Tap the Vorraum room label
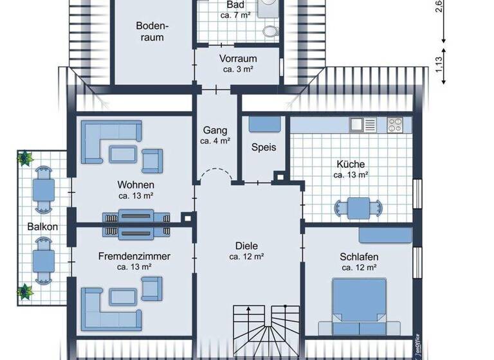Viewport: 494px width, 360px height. [x=237, y=59]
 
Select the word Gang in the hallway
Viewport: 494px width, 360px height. [x=215, y=129]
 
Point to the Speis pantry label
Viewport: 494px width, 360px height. [x=264, y=147]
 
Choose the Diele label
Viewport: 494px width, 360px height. [x=246, y=245]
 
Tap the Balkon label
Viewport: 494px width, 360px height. [x=42, y=226]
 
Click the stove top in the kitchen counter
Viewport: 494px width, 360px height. [x=395, y=122]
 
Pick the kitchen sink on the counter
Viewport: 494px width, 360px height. [x=360, y=122]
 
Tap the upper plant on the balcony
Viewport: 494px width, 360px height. [x=26, y=158]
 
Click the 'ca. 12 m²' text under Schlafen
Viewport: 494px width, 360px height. [x=358, y=268]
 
